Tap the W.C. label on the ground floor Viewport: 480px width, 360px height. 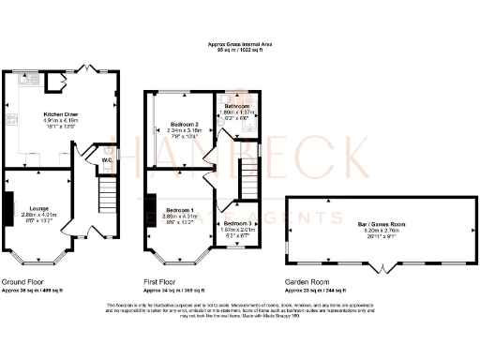tap(107, 159)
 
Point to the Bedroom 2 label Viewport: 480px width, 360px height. tap(184, 124)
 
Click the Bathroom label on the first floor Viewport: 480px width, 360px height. tap(236, 106)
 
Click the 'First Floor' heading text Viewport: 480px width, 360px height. tap(162, 280)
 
